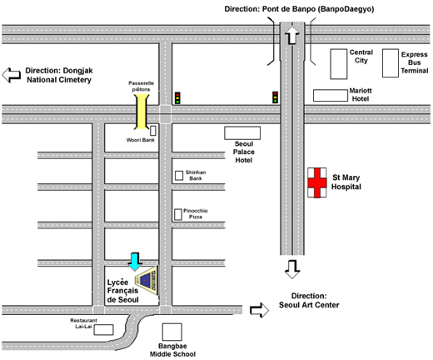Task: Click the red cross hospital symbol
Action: (317, 182)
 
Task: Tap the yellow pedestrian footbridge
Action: (142, 112)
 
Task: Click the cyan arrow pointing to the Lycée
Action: (135, 262)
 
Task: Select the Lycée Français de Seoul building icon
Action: (147, 280)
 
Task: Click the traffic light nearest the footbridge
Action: (177, 97)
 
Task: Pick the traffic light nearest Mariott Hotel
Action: (275, 97)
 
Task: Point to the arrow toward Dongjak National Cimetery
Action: (11, 75)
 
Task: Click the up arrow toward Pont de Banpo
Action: (292, 35)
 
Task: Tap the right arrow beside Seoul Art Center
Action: (259, 310)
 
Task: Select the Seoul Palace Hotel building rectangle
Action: (242, 133)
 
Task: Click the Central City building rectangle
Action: (339, 64)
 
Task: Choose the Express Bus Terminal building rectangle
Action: (391, 63)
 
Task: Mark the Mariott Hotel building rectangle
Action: (331, 95)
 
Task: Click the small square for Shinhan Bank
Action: (179, 175)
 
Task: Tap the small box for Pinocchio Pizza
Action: (178, 214)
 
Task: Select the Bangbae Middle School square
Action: (172, 332)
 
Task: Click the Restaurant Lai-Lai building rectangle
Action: (103, 330)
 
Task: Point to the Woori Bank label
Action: (141, 140)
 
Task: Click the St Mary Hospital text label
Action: (346, 182)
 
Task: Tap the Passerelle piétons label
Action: (141, 86)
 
